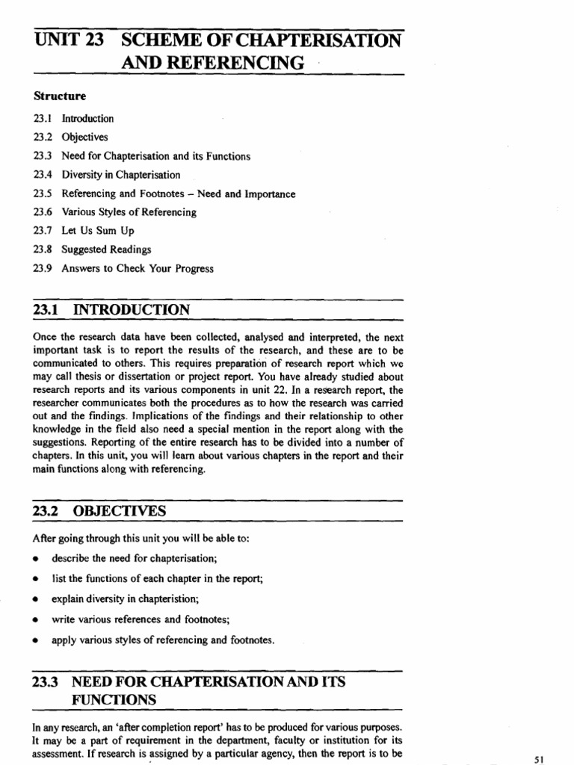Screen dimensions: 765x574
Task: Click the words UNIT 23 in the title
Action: pos(70,40)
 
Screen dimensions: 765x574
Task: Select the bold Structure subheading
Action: pos(60,96)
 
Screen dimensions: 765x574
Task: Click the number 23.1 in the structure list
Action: pos(42,119)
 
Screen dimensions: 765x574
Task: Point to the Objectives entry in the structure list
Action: pos(84,137)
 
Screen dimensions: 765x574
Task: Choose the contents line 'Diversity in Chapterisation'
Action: pos(120,175)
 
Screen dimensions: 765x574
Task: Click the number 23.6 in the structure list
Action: pos(42,212)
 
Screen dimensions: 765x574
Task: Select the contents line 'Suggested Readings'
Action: pos(106,250)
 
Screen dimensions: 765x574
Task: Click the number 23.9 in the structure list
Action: pos(42,269)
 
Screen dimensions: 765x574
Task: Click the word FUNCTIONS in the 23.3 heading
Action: pos(114,700)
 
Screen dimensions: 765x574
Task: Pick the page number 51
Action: pos(542,758)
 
